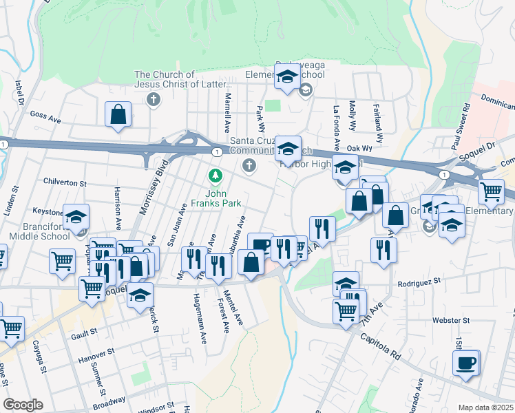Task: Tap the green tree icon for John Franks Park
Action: coord(216,176)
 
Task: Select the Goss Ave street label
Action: coord(46,119)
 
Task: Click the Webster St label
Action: coord(451,320)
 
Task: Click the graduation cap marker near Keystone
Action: coord(76,218)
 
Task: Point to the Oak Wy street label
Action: coord(359,148)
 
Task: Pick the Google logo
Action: coord(23,405)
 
